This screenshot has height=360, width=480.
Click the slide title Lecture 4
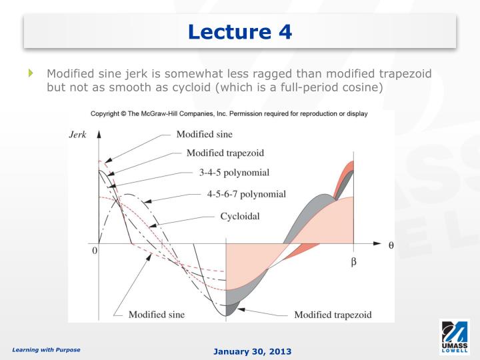click(240, 31)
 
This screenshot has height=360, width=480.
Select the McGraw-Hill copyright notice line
click(229, 113)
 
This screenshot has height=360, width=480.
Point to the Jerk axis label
click(78, 134)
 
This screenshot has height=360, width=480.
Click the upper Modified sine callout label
click(205, 134)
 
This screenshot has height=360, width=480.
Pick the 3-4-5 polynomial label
click(234, 173)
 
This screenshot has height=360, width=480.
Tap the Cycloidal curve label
click(239, 216)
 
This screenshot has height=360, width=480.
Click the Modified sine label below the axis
click(157, 314)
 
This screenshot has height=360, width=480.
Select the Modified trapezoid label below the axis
click(333, 314)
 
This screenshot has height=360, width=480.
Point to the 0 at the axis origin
click(94, 251)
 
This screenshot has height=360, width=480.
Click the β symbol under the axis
click(353, 262)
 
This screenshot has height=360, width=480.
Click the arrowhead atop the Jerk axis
click(99, 133)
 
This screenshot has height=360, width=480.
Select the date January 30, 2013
click(252, 351)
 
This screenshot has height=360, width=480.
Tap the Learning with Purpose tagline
click(46, 349)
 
